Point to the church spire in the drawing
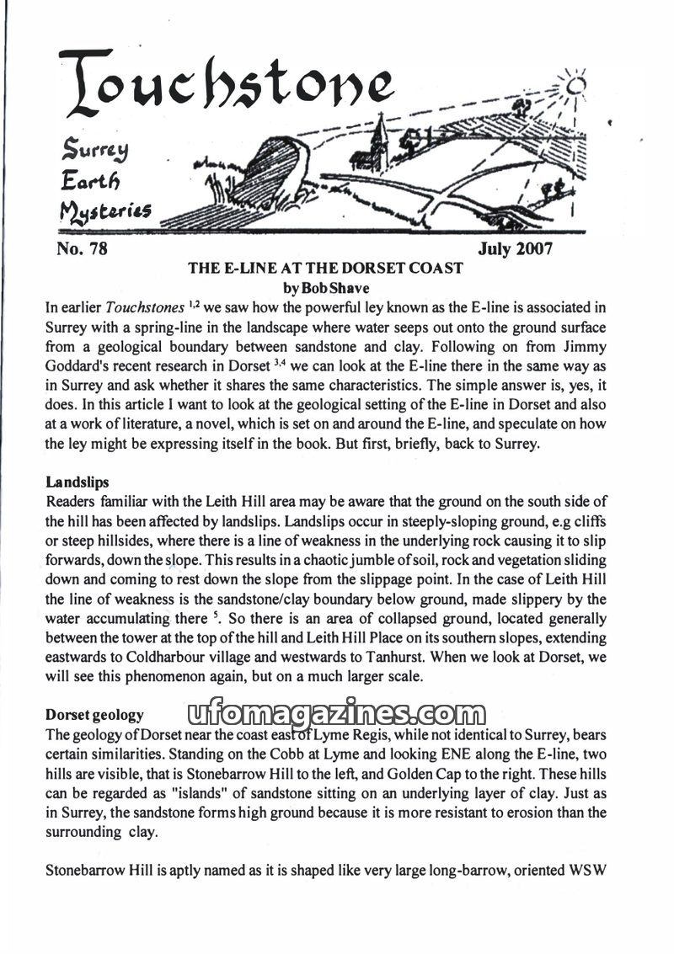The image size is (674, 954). (x=379, y=135)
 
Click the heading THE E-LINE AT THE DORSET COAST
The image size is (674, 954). (x=325, y=269)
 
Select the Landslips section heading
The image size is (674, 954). (x=78, y=482)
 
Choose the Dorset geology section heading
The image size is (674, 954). (x=94, y=715)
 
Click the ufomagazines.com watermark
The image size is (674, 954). (x=330, y=715)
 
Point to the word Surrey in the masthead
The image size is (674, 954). (x=93, y=152)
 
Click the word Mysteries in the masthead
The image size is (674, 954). (x=104, y=210)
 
